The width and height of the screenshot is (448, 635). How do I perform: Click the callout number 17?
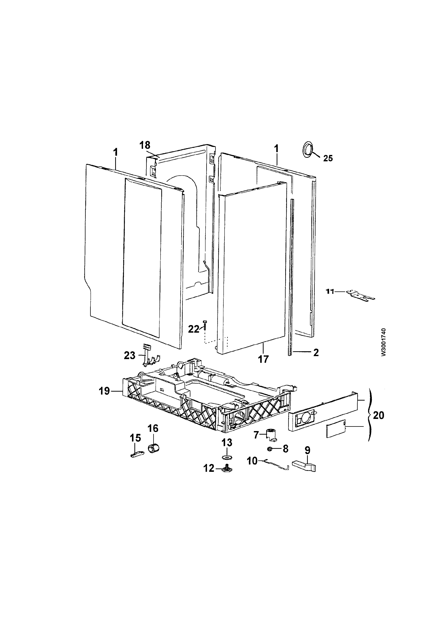click(x=263, y=359)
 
